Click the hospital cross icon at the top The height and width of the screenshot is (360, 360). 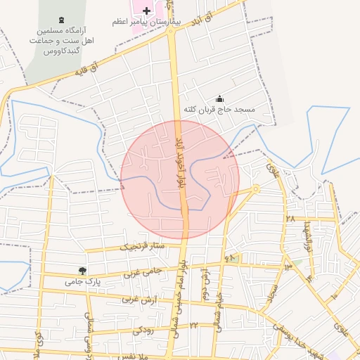[146, 11]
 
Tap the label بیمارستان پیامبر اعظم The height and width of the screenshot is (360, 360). [146, 22]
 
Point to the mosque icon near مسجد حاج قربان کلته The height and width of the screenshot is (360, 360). [220, 99]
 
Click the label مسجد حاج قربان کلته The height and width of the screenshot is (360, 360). [218, 110]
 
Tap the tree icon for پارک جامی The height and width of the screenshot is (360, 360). [83, 271]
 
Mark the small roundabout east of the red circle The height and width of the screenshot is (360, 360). [256, 188]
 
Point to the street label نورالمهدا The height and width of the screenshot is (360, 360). [307, 238]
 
